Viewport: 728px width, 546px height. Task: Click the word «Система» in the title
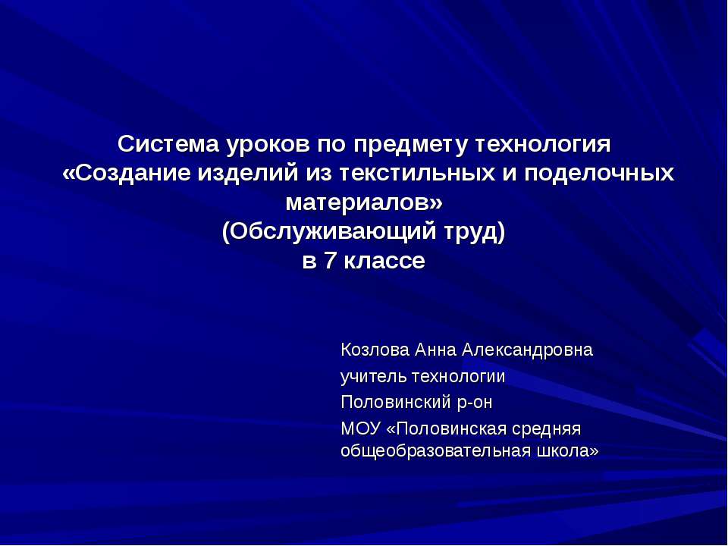click(158, 143)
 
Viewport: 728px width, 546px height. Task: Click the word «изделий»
click(243, 173)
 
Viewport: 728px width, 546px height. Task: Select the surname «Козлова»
click(373, 350)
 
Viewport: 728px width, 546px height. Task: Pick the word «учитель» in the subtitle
click(372, 376)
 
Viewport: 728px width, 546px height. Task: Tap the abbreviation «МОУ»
click(360, 428)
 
